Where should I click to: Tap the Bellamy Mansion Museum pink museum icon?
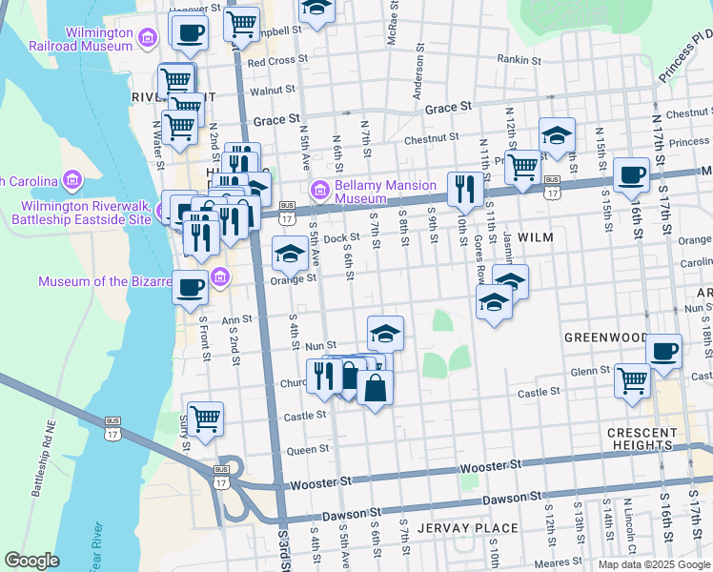[318, 186]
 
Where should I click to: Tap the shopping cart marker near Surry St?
[205, 417]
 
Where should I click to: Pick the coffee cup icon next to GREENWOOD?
[664, 348]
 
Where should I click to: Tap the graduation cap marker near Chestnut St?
[557, 135]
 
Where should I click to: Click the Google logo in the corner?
[32, 561]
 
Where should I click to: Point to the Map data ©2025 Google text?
[653, 564]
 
